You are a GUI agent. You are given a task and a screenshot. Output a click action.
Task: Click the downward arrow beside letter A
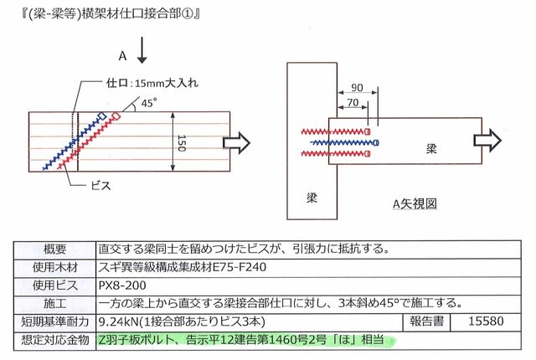coord(142,50)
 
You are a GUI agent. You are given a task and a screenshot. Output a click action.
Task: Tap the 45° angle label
coord(149,102)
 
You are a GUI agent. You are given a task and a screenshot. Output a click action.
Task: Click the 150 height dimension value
coord(182,143)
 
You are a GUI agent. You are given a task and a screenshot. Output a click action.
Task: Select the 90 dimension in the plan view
coord(357,87)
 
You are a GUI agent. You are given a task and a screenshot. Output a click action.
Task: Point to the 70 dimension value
coord(353,102)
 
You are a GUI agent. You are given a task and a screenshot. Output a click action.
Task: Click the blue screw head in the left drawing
coord(102,116)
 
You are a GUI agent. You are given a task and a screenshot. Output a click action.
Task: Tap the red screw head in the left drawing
coord(116,116)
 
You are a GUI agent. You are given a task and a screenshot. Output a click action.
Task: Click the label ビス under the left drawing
coord(100,186)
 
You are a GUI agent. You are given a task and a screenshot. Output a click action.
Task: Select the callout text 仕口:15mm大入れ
coord(152,83)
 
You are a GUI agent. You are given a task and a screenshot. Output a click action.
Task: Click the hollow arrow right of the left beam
coord(236,142)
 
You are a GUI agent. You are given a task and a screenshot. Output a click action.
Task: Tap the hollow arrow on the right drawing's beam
coord(487,140)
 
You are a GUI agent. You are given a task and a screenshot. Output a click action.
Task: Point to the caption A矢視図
coord(415,204)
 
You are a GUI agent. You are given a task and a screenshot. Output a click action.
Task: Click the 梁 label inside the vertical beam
coord(312,198)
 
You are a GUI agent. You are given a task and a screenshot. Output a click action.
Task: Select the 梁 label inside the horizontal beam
coord(431,148)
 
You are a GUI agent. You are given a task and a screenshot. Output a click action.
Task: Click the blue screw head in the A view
coord(376,143)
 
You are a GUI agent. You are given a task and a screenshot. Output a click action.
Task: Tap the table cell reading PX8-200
coord(122,285)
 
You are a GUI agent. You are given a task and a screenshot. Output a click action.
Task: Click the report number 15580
coord(486,321)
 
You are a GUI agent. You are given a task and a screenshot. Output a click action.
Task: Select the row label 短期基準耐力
coord(54,321)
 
